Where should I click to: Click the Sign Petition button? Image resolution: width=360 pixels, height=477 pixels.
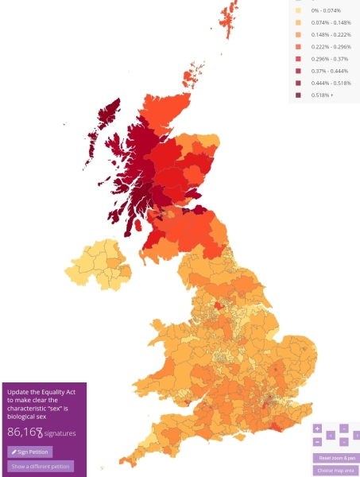30,452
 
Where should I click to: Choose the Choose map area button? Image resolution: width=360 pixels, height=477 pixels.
335,471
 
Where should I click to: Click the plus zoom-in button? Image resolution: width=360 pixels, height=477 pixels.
317,429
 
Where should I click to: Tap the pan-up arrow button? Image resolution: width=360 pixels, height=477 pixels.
344,429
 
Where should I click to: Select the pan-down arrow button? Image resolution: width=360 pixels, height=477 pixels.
344,441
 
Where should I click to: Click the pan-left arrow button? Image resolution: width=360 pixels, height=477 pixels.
331,435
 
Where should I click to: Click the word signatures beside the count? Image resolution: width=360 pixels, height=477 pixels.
60,433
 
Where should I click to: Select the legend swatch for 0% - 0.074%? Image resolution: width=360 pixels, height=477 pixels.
298,10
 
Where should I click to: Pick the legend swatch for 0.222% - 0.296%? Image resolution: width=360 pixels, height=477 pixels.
298,47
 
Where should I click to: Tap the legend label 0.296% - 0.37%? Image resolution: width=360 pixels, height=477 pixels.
326,59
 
